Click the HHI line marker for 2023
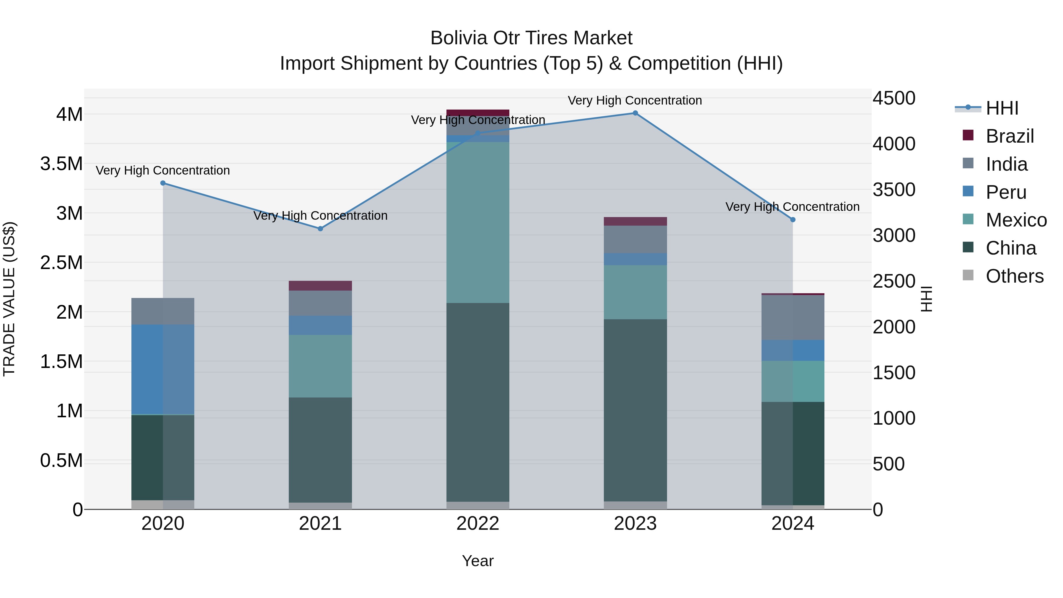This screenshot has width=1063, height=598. coord(635,113)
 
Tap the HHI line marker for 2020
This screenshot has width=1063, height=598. coord(163,183)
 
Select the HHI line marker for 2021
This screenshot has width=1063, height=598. coord(320,229)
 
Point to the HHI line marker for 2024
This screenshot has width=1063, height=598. coord(793,219)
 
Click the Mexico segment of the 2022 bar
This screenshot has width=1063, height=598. coord(478,223)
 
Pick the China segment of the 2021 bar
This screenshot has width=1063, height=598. coord(320,450)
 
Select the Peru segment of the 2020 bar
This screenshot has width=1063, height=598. coord(163,369)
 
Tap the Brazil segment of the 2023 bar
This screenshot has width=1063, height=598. coord(635,221)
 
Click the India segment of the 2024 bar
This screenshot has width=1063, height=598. coord(793,318)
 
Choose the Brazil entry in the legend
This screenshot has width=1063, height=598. coord(1009,136)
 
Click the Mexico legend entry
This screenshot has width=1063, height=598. coord(1016,220)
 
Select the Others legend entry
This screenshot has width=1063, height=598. coord(1014,276)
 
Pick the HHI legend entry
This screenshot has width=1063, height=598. coord(1002,108)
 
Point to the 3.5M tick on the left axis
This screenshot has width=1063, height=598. coord(61,164)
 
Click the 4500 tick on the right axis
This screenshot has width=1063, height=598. coord(894,98)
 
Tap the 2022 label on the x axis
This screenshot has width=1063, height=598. coord(478,524)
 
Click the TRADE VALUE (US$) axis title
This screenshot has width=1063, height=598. coord(9,299)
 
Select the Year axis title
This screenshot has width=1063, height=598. coord(478,561)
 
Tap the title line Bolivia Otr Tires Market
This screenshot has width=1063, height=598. coord(531,38)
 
